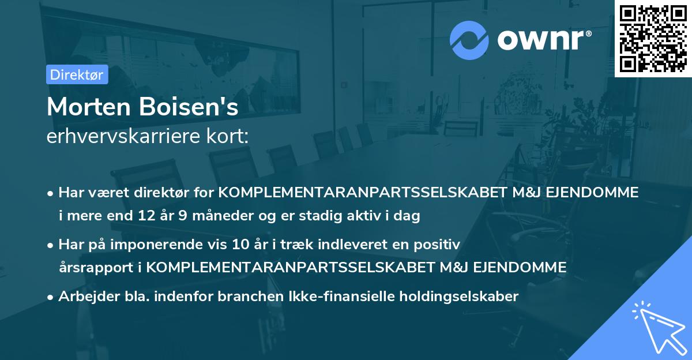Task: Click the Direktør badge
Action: [x=77, y=74]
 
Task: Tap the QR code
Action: [x=653, y=39]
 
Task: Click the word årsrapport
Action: [x=94, y=267]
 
